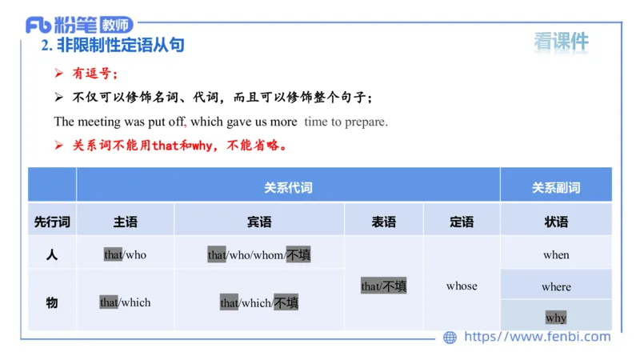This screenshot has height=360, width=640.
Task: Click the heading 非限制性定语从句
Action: pos(121,46)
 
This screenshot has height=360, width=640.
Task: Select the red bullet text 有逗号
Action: pos(94,74)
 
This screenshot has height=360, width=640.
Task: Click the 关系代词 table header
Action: pos(288,188)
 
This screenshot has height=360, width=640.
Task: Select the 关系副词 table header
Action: pos(556,188)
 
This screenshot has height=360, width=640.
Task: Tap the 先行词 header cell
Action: pos(52,222)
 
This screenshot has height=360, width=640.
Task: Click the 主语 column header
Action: pos(126,222)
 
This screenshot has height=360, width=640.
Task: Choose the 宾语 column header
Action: pos(259,222)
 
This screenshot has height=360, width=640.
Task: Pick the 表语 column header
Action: pos(384,222)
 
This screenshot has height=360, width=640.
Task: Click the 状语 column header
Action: pos(556,222)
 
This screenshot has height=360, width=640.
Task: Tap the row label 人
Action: pos(52,255)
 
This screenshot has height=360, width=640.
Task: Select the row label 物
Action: pos(52,302)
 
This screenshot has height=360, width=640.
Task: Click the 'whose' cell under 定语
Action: pos(462,286)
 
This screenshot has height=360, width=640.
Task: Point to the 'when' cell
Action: pos(556,255)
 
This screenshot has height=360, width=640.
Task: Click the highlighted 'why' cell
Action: pos(556,318)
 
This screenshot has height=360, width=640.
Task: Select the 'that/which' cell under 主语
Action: pos(126,302)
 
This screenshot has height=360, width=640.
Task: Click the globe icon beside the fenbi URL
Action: pos(450,338)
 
